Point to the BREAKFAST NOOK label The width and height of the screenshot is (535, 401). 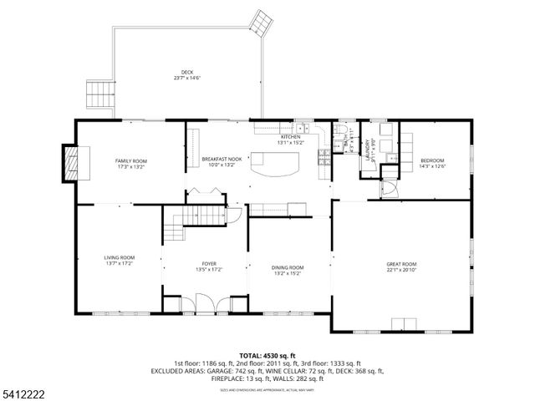pos(222,159)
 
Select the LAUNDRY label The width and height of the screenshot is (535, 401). pos(369,149)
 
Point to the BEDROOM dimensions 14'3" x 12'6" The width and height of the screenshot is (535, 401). pos(432,166)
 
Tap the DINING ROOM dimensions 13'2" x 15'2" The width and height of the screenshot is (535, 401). pos(288,272)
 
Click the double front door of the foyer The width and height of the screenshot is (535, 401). pos(206,302)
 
